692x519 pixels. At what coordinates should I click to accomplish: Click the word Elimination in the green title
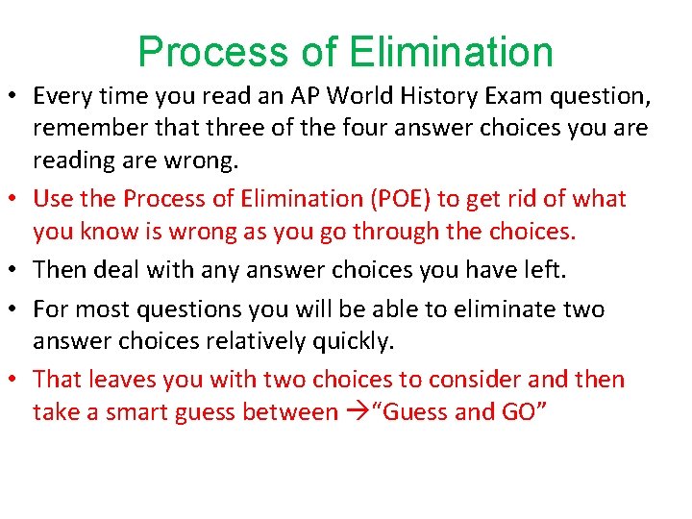(452, 52)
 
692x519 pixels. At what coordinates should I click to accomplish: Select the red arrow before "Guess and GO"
(355, 412)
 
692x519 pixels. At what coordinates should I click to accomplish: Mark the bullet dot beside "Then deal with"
(17, 271)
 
